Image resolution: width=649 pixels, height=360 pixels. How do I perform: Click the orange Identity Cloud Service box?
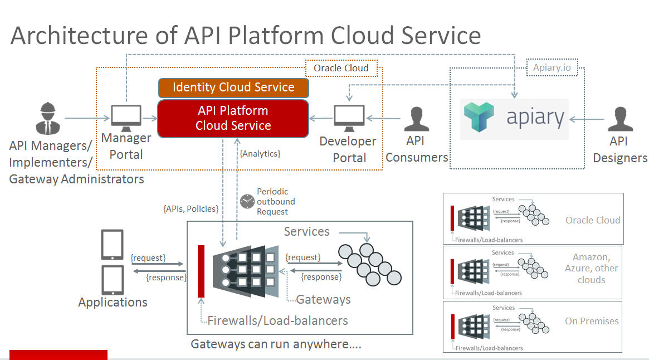coord(233,87)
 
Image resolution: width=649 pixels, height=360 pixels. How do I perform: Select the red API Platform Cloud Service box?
coord(233,118)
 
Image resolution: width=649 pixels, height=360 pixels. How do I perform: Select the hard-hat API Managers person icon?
coord(48,118)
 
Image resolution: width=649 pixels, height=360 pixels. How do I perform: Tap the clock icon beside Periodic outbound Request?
coord(247,201)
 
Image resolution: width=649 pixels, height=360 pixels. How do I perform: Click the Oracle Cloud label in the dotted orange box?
coord(341,68)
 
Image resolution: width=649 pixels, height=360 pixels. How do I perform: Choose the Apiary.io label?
coord(552,68)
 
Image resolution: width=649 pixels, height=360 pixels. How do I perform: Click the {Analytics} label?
coord(260,153)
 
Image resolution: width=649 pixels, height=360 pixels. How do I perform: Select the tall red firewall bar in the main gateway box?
coord(201,271)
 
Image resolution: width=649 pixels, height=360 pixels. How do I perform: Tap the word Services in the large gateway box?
coord(306,231)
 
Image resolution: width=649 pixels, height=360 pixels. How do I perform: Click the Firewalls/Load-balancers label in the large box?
coord(277,320)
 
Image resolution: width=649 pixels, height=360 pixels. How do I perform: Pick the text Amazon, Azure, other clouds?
coord(591,269)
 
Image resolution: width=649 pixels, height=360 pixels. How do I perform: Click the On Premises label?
coord(592,321)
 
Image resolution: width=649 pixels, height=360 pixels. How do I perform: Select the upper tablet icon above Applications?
coord(112,245)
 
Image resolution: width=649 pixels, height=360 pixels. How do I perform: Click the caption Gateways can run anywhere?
coord(276,344)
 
